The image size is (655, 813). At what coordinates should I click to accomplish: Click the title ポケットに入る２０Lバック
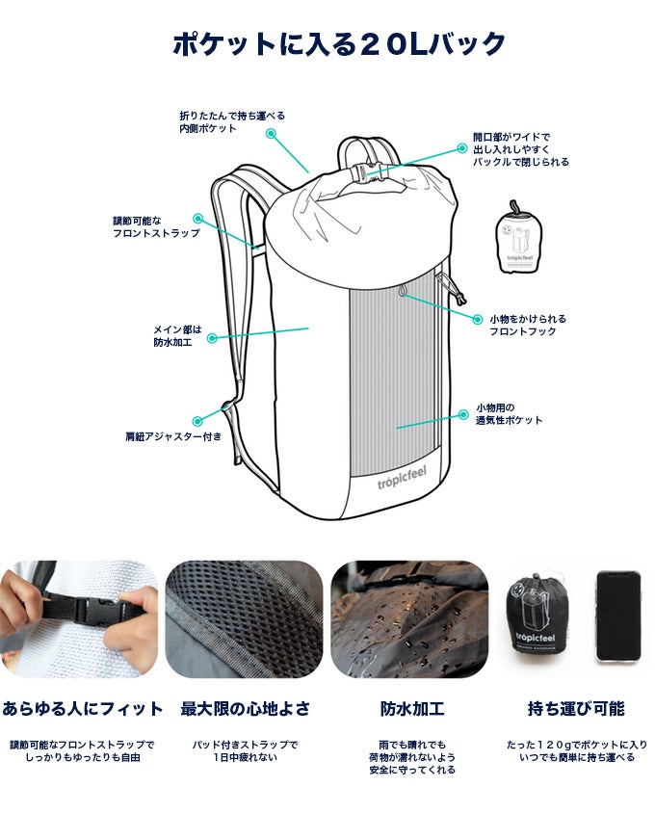(x=339, y=44)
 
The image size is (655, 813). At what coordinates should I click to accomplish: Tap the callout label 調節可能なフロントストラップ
(x=156, y=227)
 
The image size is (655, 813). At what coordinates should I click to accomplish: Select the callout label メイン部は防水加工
(x=177, y=336)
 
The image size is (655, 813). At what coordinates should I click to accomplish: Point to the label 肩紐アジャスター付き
(x=173, y=436)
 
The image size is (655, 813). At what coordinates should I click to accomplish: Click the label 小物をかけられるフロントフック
(x=528, y=325)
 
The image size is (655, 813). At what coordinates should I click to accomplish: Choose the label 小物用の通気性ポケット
(x=510, y=414)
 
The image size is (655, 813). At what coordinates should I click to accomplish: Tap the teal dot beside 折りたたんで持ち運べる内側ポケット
(x=271, y=133)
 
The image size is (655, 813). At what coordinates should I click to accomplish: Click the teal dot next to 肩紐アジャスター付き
(x=197, y=422)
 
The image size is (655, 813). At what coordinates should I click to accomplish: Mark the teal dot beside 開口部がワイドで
(x=461, y=148)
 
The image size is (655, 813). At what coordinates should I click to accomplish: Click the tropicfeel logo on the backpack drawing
(x=402, y=478)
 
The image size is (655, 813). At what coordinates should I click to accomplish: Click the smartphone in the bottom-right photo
(x=617, y=616)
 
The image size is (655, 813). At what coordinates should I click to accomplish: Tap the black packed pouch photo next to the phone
(x=535, y=617)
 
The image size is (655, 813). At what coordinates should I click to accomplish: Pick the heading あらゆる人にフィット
(x=83, y=708)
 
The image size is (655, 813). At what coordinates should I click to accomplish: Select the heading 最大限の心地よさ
(x=246, y=708)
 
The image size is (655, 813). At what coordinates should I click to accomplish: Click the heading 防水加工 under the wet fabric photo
(x=412, y=708)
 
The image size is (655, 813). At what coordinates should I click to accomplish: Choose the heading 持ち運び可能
(x=576, y=708)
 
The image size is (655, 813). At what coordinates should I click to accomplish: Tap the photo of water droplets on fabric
(x=409, y=619)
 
